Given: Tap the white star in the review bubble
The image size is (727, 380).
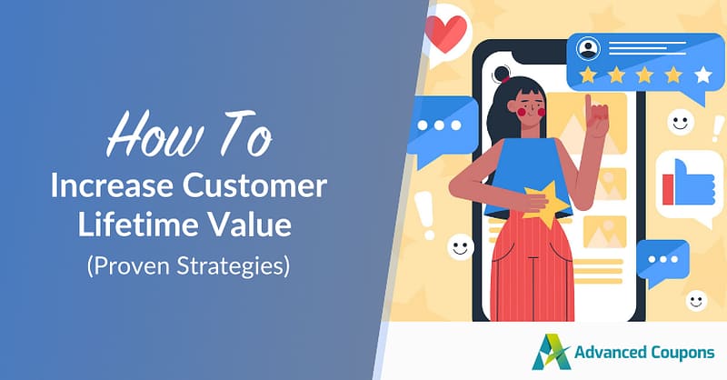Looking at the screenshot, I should (702, 74).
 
